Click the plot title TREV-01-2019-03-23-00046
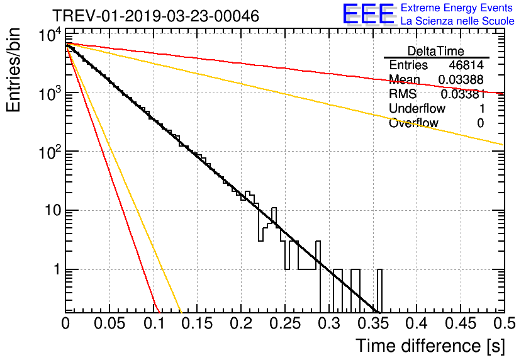[155, 16]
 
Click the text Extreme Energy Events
[457, 8]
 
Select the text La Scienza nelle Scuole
[457, 21]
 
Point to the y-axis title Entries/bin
[13, 70]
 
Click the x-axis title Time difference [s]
[430, 346]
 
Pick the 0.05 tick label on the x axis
[109, 323]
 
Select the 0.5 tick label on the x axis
[504, 323]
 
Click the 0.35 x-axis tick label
[372, 323]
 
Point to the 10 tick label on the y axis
[53, 211]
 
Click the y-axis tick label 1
[57, 269]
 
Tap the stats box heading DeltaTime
[436, 51]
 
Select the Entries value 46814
[466, 65]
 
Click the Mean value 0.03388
[461, 79]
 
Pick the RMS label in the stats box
[403, 94]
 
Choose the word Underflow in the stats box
[417, 108]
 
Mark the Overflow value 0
[481, 123]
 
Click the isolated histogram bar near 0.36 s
[379, 291]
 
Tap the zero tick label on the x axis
[65, 323]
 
